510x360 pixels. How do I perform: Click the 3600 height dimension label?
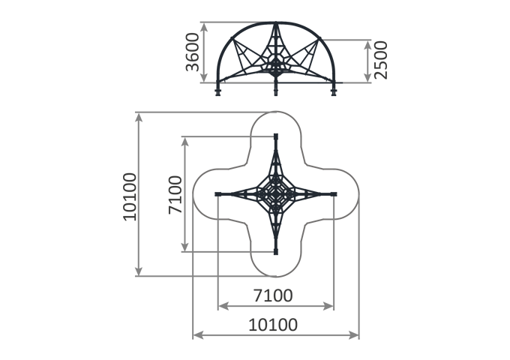tap(192, 52)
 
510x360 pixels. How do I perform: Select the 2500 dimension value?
tap(381, 60)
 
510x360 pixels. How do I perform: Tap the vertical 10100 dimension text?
tap(130, 197)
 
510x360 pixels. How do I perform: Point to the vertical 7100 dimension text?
tap(175, 195)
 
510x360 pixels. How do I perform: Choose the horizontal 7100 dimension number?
tap(273, 295)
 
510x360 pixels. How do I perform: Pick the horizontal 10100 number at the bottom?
tap(273, 325)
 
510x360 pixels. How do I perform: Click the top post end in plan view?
tap(276, 136)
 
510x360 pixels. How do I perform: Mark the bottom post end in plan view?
tap(276, 251)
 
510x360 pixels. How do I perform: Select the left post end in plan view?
tap(218, 194)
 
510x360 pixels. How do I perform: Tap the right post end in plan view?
tap(334, 194)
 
